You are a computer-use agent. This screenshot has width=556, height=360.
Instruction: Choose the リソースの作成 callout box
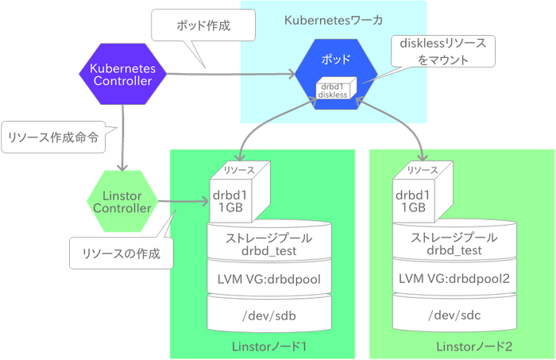[x=121, y=254]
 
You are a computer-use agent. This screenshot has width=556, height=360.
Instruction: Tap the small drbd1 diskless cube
[x=333, y=90]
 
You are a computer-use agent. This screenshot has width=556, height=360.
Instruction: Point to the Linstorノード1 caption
[x=268, y=347]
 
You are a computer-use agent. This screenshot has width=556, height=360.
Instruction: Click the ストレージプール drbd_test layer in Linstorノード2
[x=452, y=244]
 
